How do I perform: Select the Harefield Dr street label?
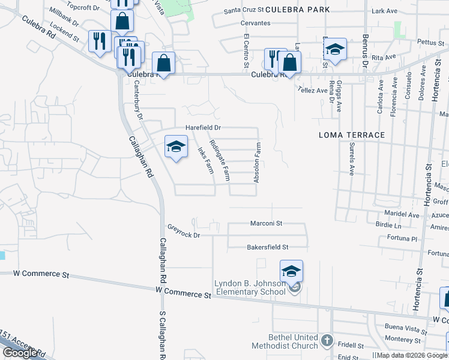click(x=203, y=128)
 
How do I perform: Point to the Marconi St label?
click(x=267, y=223)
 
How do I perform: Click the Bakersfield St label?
click(x=268, y=247)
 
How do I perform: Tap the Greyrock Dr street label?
click(x=183, y=231)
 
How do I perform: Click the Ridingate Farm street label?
click(x=219, y=160)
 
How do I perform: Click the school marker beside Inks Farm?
click(x=176, y=146)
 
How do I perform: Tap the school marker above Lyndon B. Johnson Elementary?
click(x=291, y=271)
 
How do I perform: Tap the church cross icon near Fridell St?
click(x=327, y=341)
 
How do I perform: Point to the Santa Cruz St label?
click(x=243, y=11)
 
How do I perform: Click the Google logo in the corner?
click(x=20, y=353)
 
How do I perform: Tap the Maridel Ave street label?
click(x=405, y=215)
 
